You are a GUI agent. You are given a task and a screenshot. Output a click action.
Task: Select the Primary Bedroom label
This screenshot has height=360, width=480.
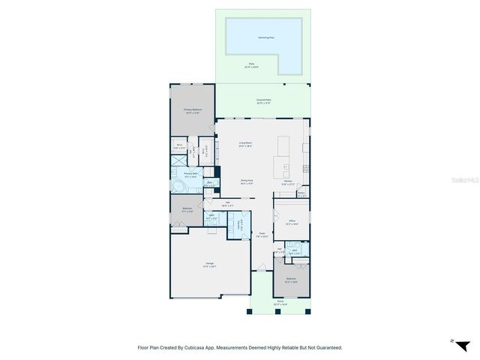click(192, 110)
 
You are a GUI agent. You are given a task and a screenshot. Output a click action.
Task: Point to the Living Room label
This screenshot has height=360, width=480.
click(245, 143)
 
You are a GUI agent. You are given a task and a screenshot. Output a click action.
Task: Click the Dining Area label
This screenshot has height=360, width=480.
click(246, 181)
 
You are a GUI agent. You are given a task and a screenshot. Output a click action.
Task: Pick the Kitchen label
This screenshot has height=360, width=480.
click(289, 181)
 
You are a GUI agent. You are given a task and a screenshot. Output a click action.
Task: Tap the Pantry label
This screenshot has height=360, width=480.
click(301, 193)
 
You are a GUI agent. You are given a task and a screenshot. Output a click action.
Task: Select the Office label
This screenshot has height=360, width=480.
click(292, 222)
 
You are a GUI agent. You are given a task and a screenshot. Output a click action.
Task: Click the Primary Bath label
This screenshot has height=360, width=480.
click(190, 174)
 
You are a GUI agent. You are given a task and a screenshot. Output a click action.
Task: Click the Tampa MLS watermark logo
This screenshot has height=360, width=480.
click(464, 181)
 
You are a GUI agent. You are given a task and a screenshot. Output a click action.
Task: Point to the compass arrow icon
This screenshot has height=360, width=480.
click(451, 341)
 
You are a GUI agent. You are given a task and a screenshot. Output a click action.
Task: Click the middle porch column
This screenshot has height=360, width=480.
click(279, 310)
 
